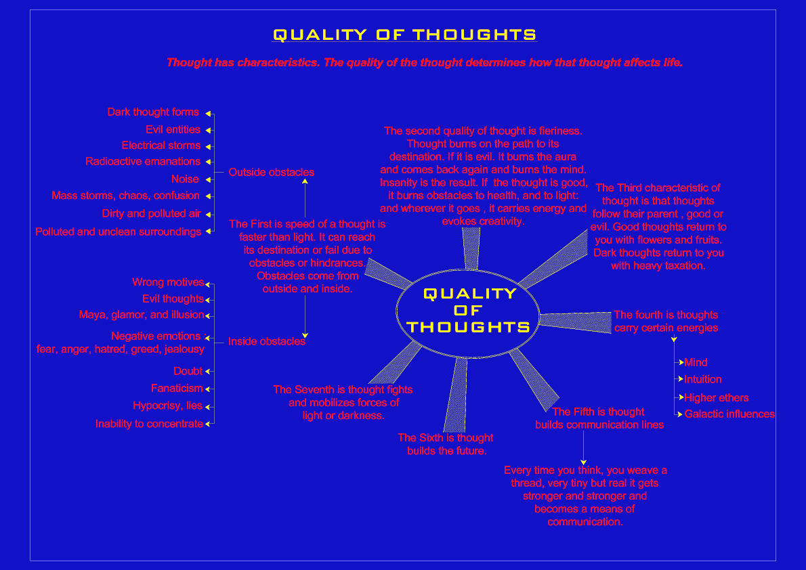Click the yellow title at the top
(x=404, y=35)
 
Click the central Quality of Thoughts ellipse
(x=467, y=311)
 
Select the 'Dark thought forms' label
(x=153, y=112)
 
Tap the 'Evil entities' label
(x=173, y=129)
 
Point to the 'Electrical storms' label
(x=161, y=146)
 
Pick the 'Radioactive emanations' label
(x=143, y=162)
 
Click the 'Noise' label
(x=185, y=179)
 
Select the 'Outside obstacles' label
(x=271, y=173)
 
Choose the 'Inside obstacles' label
(x=266, y=341)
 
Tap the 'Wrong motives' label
(x=168, y=282)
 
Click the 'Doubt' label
(x=188, y=371)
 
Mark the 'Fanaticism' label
(x=177, y=389)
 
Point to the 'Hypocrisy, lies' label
(x=167, y=406)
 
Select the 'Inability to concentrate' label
(x=149, y=424)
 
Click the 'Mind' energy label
(x=696, y=363)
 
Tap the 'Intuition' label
(x=703, y=380)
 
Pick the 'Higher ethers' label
(x=716, y=398)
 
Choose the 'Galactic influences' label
(x=729, y=414)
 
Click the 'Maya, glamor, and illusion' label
(x=141, y=315)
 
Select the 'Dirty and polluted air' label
(x=152, y=214)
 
